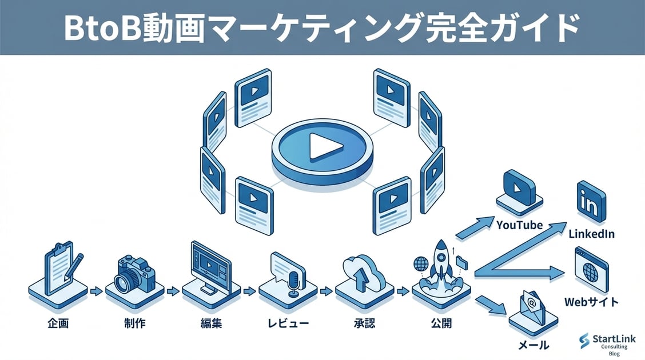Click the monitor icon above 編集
pos(210,267)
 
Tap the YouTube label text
pos(519,225)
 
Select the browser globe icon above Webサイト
pos(591,269)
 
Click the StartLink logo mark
pos(584,341)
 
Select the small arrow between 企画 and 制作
pos(96,291)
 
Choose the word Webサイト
pos(591,301)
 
